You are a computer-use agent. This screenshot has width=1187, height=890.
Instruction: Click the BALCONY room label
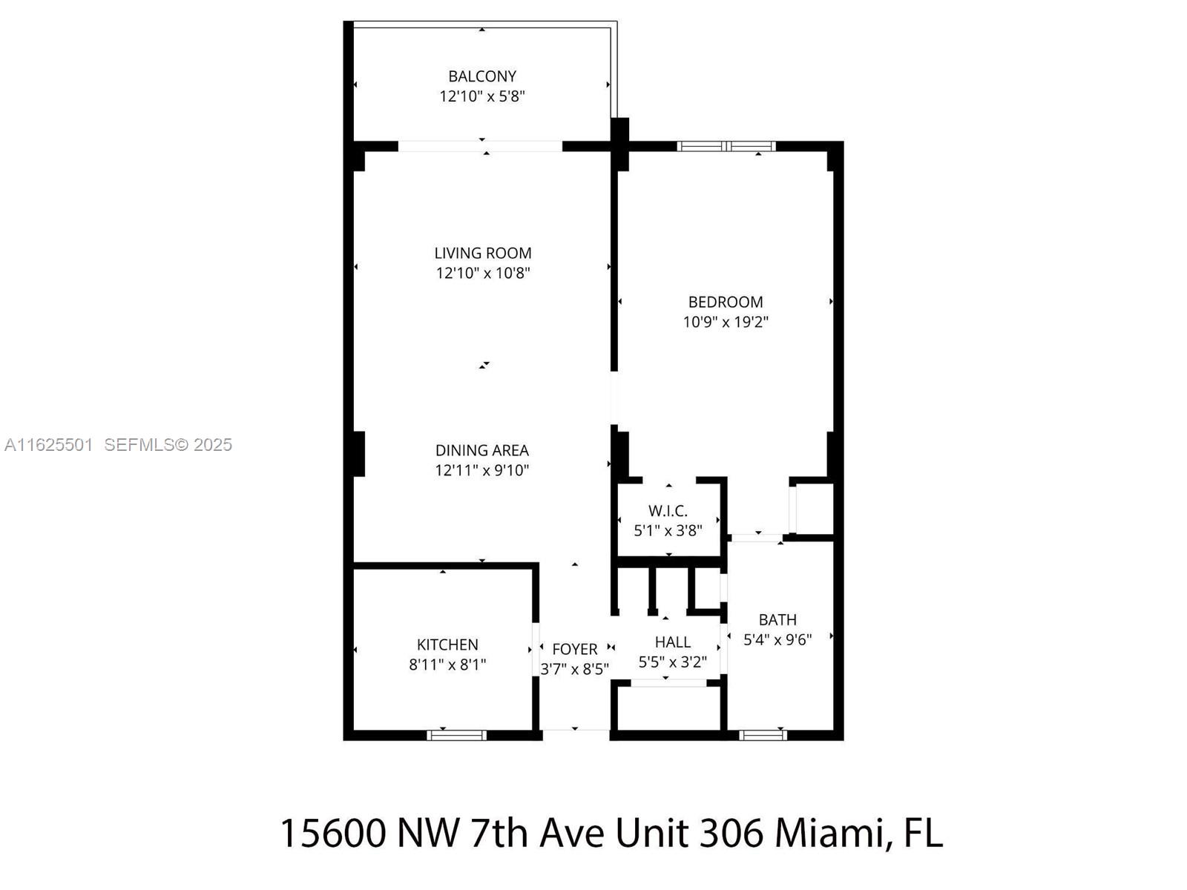coord(481,76)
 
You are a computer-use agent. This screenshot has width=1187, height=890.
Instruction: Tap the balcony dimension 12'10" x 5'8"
coord(481,96)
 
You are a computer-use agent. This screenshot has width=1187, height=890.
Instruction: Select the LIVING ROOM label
coord(483,253)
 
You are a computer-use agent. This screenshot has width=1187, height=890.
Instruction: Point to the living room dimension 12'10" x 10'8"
coord(483,273)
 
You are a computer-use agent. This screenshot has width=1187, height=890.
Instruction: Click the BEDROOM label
coord(725,302)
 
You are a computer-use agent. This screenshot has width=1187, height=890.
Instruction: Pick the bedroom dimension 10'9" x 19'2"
coord(725,322)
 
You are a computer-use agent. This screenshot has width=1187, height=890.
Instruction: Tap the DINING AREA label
coord(481,450)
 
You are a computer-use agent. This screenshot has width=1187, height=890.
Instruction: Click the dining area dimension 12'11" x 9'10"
coord(481,470)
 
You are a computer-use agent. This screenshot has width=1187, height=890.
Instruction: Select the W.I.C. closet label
coord(668,511)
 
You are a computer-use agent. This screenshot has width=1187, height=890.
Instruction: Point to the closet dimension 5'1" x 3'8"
coord(668,530)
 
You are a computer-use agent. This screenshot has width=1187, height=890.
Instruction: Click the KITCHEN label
coord(447,645)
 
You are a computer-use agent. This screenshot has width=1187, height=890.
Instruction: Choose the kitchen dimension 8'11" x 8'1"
coord(447,665)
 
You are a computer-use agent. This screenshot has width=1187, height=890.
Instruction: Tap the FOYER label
coord(575,649)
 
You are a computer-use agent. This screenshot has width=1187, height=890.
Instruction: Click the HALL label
coord(673,642)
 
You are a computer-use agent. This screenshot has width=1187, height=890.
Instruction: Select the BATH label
coord(777,620)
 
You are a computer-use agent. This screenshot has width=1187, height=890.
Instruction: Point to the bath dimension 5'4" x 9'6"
coord(777,640)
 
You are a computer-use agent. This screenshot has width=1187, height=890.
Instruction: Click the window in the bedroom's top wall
coord(726,146)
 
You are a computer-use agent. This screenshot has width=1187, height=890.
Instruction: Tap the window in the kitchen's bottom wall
coord(456,735)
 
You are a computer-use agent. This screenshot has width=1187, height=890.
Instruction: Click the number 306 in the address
coord(731,833)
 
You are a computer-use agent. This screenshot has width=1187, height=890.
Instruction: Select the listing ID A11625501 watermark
coord(49,445)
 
